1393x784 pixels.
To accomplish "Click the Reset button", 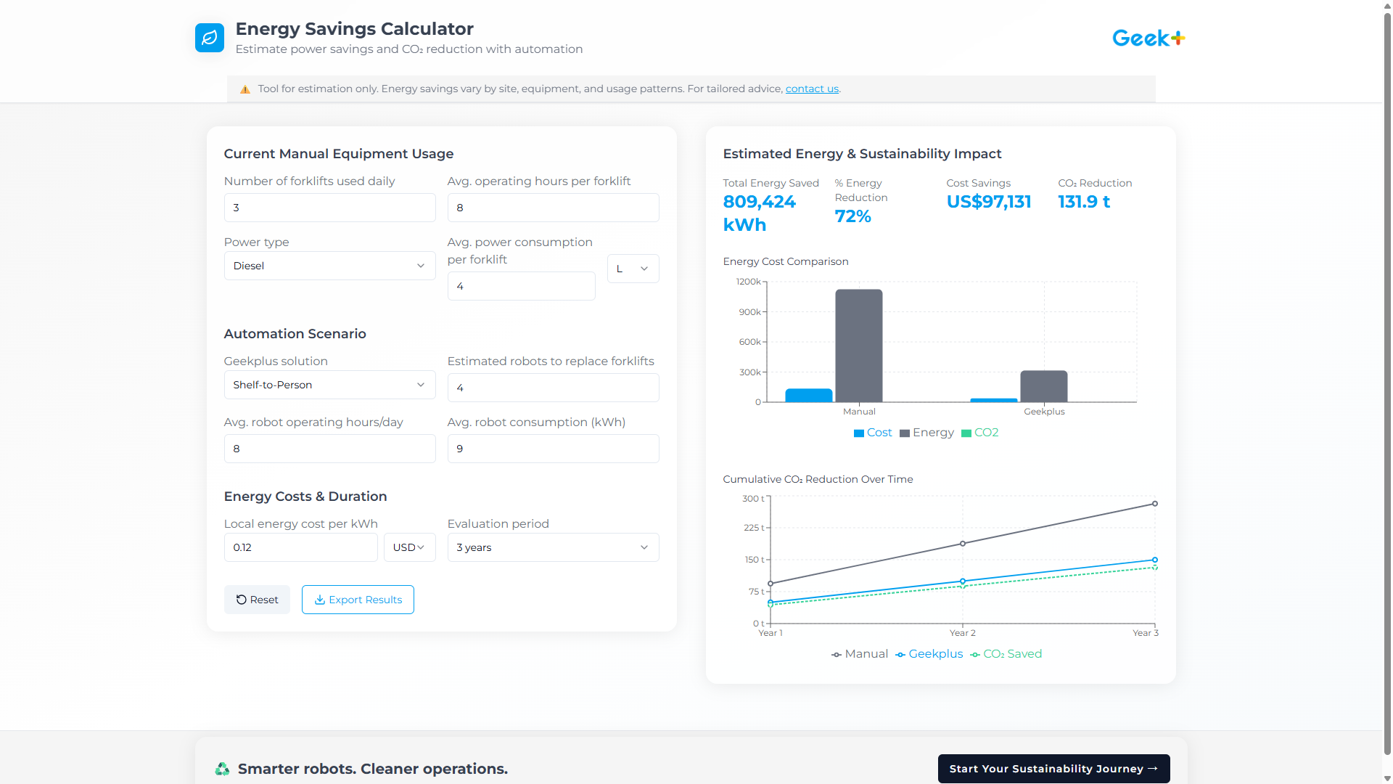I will (x=257, y=600).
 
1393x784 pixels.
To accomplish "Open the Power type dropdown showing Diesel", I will (x=329, y=266).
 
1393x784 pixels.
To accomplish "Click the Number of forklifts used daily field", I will (x=329, y=208).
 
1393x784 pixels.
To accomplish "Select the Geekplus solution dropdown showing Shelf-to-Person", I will (x=329, y=385).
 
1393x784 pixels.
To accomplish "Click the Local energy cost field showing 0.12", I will (x=300, y=547).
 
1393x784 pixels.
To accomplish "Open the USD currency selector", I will (x=409, y=547).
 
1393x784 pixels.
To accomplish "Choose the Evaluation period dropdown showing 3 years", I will (x=553, y=547).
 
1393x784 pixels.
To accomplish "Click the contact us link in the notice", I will (x=812, y=89).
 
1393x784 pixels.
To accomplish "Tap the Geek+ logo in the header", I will (x=1148, y=38).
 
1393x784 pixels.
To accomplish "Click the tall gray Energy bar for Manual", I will (x=859, y=346).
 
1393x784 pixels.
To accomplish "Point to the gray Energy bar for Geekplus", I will (x=1043, y=386).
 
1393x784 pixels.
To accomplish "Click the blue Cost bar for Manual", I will (x=808, y=395).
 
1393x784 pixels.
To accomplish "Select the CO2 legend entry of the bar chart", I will (x=980, y=433).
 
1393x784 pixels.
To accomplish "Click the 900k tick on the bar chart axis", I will (x=749, y=312).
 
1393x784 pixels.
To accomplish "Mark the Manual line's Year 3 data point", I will (x=1155, y=504).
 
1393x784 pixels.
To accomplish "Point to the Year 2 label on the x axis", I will (x=962, y=633).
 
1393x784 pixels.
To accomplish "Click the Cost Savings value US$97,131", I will (x=988, y=202).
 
